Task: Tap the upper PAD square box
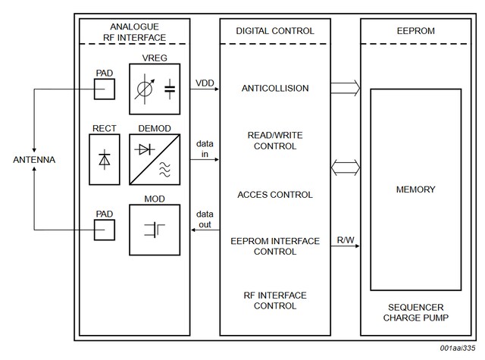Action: click(x=105, y=89)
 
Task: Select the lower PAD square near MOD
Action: click(x=105, y=229)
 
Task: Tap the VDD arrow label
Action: click(x=204, y=81)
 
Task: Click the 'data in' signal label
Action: click(x=204, y=148)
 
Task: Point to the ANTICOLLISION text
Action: click(x=275, y=89)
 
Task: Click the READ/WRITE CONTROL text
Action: click(x=275, y=141)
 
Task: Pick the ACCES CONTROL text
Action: click(x=275, y=195)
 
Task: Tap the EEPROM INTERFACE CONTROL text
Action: click(x=275, y=246)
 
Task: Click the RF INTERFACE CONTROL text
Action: click(x=275, y=301)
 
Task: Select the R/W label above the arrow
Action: click(x=345, y=241)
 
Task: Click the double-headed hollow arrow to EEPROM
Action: click(x=346, y=167)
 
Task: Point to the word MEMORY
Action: click(x=415, y=189)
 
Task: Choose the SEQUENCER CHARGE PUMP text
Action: click(x=415, y=313)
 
